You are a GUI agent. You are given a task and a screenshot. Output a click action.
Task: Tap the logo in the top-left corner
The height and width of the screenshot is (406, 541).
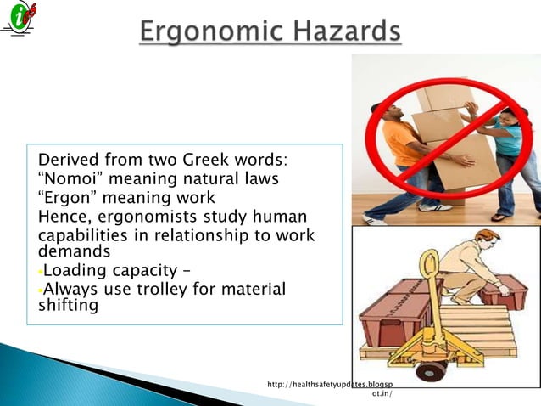coord(20,20)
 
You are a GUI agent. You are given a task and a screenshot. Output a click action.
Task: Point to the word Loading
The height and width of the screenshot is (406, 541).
coord(77,272)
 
